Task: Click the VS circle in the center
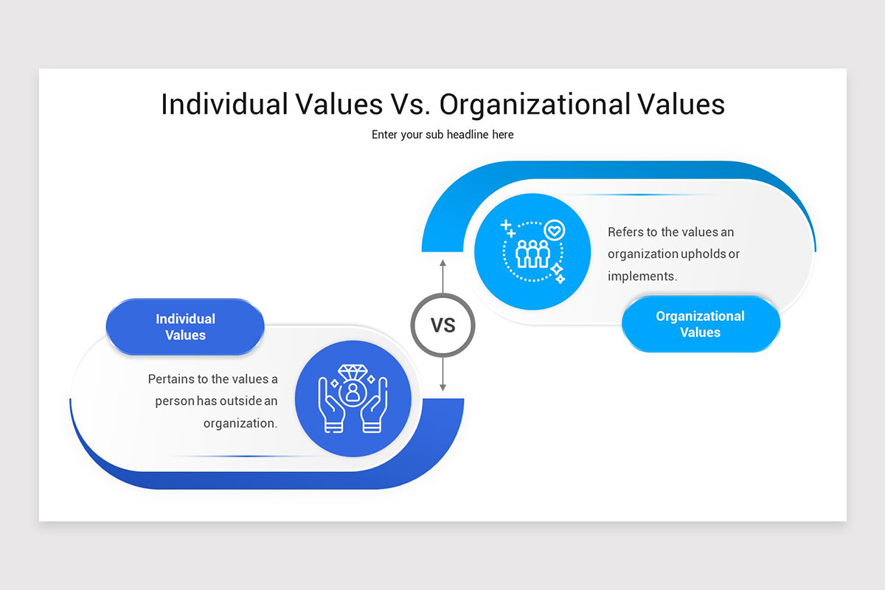442,325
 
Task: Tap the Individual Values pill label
185,327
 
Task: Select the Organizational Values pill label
700,324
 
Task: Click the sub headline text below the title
442,135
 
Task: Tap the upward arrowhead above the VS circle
442,263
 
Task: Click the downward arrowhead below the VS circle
442,387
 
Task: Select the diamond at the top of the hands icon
353,372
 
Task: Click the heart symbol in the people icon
555,230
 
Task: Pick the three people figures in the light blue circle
532,253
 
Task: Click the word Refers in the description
625,232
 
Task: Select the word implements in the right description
642,276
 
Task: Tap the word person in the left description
176,401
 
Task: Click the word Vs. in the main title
408,104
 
